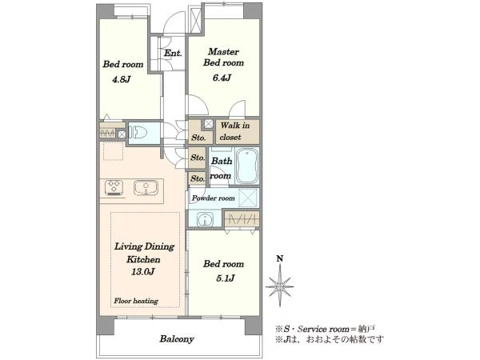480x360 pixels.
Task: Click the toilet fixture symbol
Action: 138,133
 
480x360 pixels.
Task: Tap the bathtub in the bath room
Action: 247,166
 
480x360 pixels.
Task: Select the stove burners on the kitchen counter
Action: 114,188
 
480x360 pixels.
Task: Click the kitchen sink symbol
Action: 146,187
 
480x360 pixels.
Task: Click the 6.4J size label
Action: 222,78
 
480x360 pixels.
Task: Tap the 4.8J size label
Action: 122,79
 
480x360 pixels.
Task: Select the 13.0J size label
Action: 143,271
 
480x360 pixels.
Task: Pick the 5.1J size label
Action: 226,278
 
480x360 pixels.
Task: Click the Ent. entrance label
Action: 173,54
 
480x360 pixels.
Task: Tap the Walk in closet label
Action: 234,131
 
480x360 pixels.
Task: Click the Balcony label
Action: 177,339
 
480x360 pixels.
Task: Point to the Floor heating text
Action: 136,301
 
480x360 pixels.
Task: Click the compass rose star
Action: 280,286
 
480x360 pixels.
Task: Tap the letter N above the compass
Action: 280,258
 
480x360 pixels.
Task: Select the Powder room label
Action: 214,198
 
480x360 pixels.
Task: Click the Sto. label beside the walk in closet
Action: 198,138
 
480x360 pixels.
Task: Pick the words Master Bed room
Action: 223,58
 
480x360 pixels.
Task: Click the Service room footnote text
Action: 325,329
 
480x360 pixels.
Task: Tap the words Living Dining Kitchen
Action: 144,253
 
